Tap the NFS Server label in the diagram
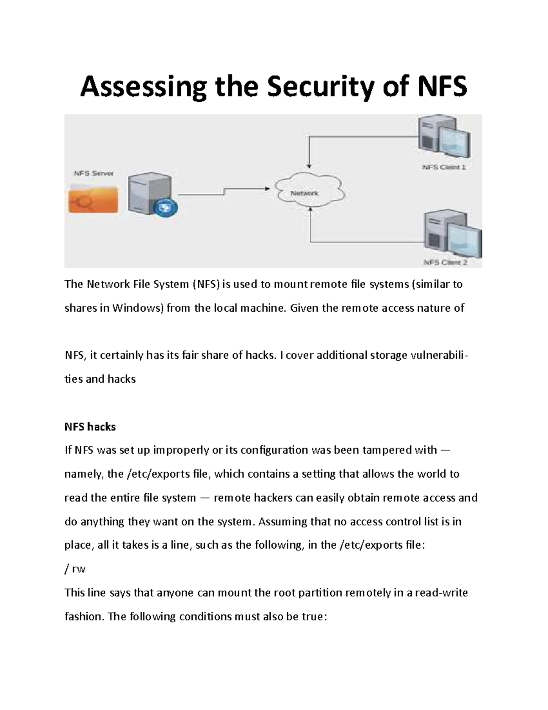[x=94, y=173]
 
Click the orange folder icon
[x=93, y=198]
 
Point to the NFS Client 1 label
[x=443, y=167]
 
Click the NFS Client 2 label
[x=445, y=262]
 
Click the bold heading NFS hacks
[x=90, y=427]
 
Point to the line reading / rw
[x=75, y=569]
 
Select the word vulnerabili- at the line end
[x=439, y=355]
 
